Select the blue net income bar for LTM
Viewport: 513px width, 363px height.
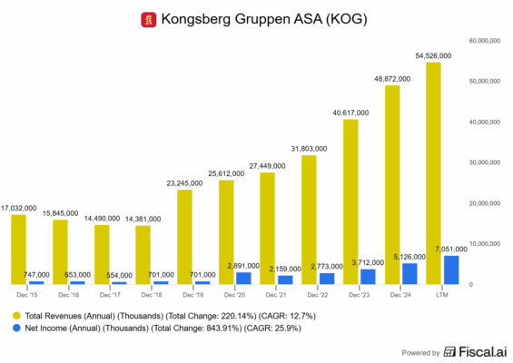coord(449,270)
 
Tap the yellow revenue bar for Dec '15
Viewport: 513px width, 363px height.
coord(19,250)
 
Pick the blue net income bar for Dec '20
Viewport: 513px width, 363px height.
coord(242,278)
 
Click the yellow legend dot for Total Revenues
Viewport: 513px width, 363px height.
coord(16,314)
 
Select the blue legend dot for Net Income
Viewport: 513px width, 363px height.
coord(16,329)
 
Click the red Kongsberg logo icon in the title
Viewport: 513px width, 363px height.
coord(148,18)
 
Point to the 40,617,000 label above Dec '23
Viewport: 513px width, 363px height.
coord(350,113)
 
